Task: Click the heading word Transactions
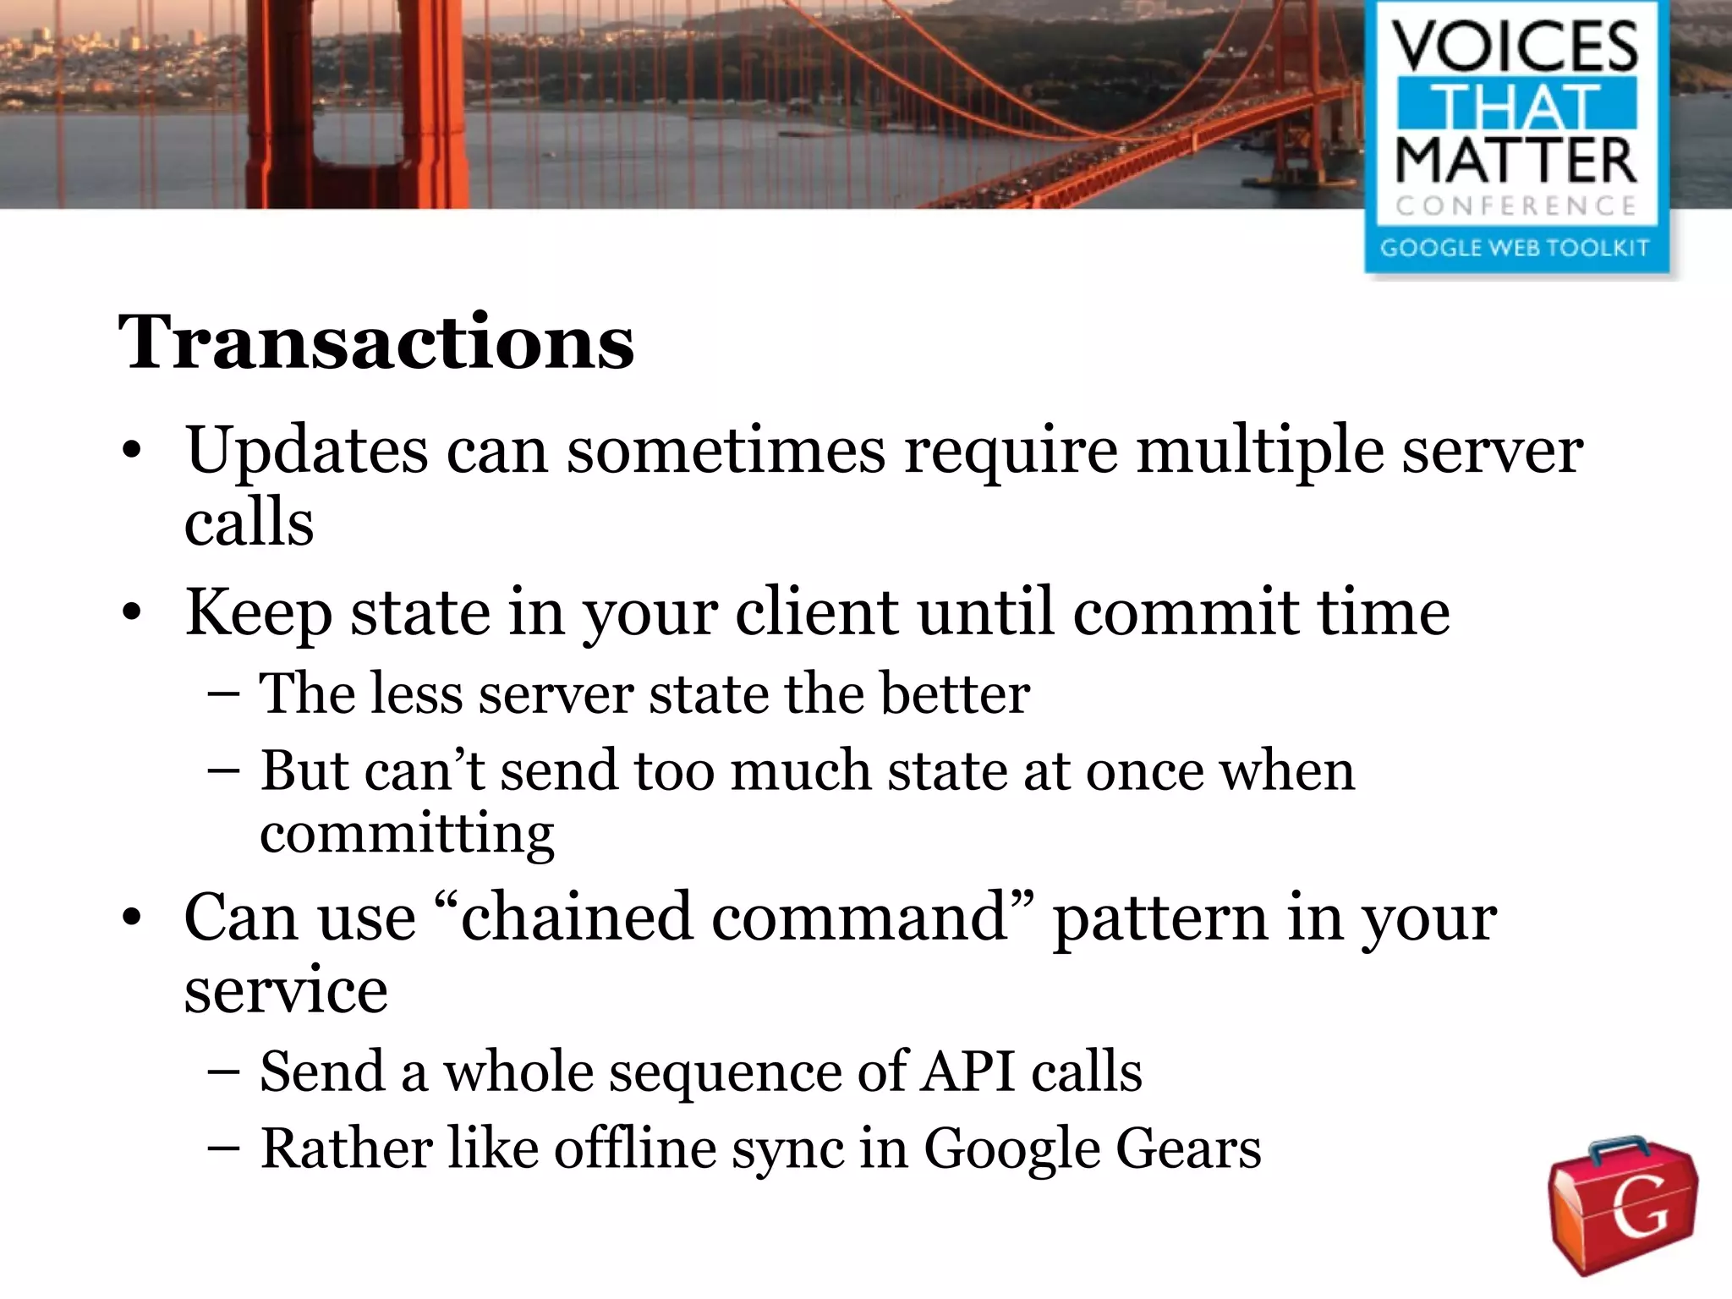coord(375,343)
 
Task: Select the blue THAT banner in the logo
coord(1516,105)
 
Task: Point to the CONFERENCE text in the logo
coord(1515,206)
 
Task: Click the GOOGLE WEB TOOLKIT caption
coord(1515,248)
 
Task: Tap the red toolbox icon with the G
coord(1623,1206)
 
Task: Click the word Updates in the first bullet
coord(306,451)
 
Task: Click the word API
coord(967,1072)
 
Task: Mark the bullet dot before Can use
coord(131,919)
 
